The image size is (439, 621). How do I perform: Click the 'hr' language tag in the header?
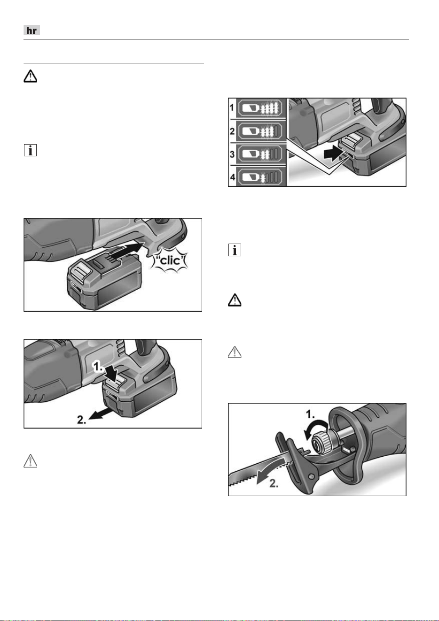pos(31,30)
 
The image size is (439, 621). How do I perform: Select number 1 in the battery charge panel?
pos(232,107)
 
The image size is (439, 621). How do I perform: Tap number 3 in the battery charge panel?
pos(232,154)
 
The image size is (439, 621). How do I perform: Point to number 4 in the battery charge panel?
pos(232,176)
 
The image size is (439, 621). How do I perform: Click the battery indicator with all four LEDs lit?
pos(261,108)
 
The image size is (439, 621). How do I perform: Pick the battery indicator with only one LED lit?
pos(261,177)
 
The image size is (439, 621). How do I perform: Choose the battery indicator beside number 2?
pos(261,131)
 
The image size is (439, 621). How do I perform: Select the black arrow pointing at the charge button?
pos(334,154)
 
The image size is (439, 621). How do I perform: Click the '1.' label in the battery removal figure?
pos(98,367)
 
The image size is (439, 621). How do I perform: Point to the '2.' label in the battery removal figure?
pos(82,420)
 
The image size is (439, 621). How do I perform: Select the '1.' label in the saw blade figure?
pos(310,414)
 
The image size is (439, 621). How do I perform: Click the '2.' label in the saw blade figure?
pos(274,483)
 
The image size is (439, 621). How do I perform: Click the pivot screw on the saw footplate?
pos(311,476)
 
